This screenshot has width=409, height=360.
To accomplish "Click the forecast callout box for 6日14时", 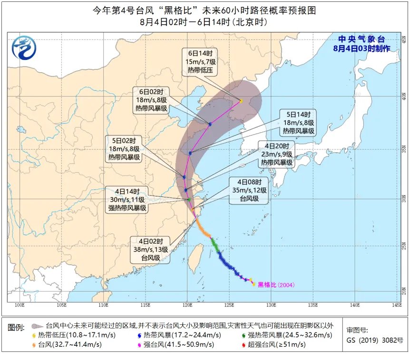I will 199,62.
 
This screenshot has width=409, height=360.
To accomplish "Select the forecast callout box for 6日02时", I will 151,100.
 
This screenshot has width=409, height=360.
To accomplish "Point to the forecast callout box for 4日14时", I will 127,200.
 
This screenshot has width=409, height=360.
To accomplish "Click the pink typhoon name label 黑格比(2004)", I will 276,284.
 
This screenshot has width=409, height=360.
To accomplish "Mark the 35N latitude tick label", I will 405,149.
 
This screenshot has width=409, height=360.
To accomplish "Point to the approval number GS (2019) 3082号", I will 375,340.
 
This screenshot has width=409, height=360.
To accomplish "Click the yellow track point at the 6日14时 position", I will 242,101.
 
